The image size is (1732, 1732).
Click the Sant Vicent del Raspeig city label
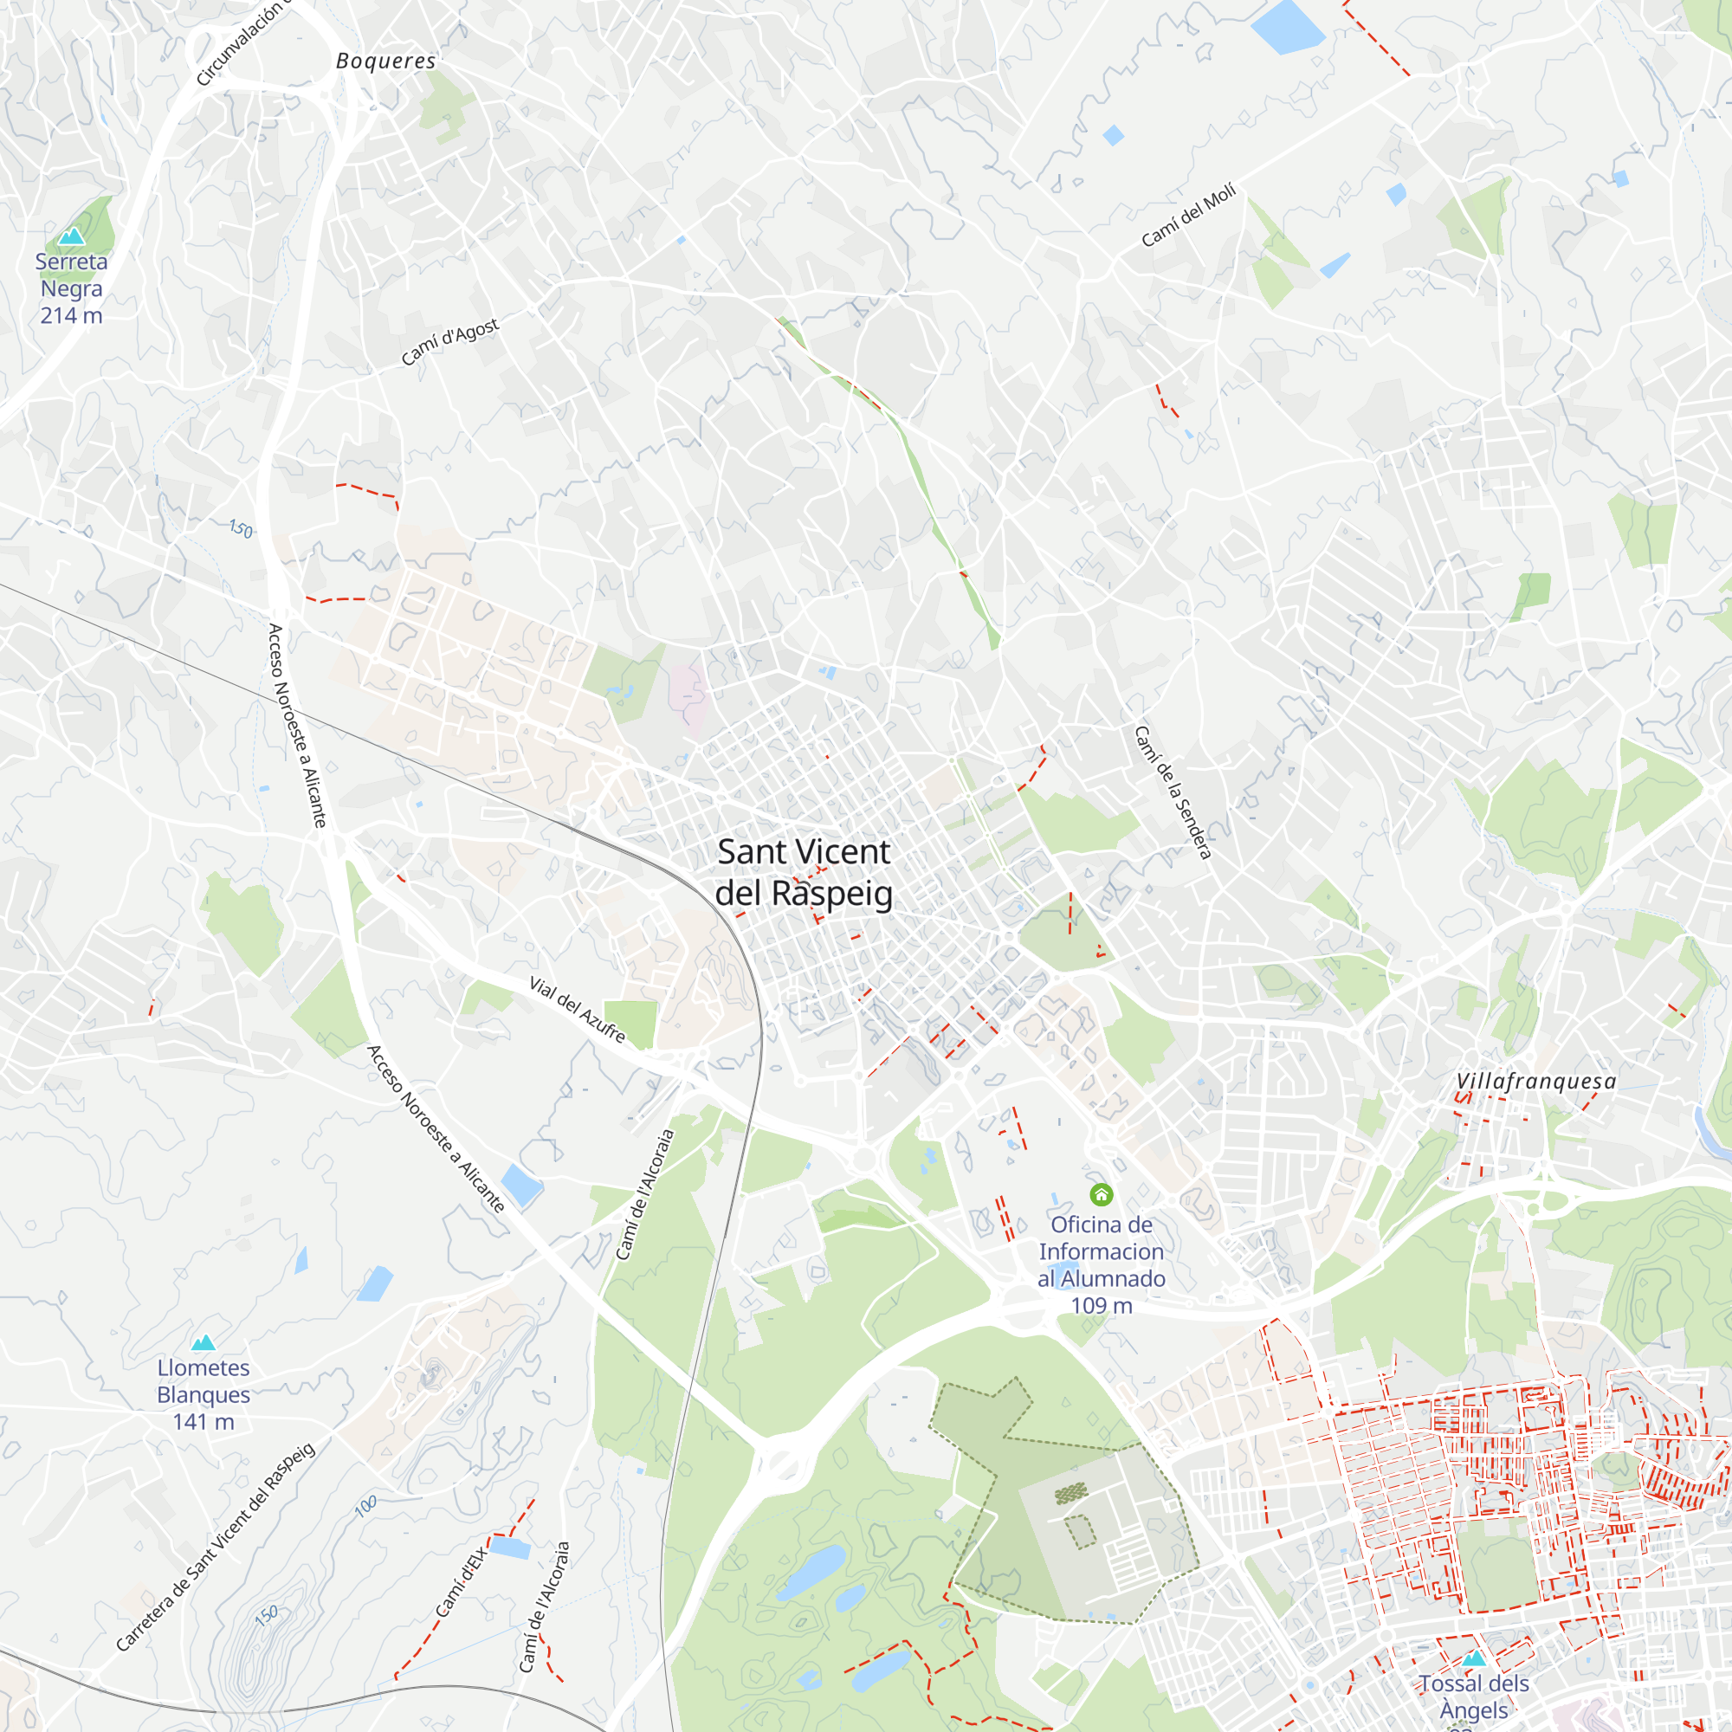click(x=804, y=872)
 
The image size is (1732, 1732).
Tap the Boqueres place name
click(x=385, y=61)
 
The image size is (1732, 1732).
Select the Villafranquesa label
click(x=1535, y=1082)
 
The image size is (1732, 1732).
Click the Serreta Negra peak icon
click(x=71, y=236)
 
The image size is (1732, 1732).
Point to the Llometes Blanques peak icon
click(x=204, y=1342)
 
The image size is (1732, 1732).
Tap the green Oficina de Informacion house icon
click(x=1101, y=1194)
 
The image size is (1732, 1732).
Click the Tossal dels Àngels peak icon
click(x=1474, y=1658)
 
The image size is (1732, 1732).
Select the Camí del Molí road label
click(x=1189, y=215)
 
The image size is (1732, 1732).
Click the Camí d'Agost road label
click(x=449, y=341)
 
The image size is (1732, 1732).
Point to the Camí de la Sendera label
click(x=1173, y=792)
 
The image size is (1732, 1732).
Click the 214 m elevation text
click(x=71, y=315)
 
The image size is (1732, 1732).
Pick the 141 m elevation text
click(x=204, y=1422)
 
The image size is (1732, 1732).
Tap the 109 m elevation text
click(x=1101, y=1305)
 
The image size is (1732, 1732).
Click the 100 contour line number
click(x=365, y=1506)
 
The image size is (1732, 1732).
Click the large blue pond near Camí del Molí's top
click(x=1288, y=27)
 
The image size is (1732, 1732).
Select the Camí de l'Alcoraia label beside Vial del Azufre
click(x=644, y=1195)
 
